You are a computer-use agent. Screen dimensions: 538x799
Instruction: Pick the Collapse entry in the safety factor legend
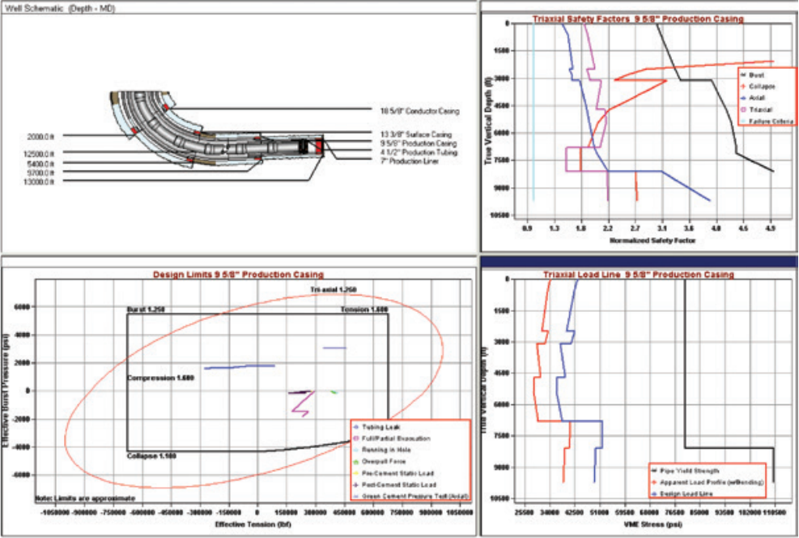(761, 85)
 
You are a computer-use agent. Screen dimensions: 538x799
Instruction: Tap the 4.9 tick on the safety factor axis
(770, 229)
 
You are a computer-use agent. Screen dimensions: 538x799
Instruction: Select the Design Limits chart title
(238, 275)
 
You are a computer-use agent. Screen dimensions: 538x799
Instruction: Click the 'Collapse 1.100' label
(151, 456)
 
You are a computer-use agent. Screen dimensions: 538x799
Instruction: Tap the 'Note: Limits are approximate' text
(84, 499)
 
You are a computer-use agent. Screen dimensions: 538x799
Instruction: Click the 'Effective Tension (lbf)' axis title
(248, 525)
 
